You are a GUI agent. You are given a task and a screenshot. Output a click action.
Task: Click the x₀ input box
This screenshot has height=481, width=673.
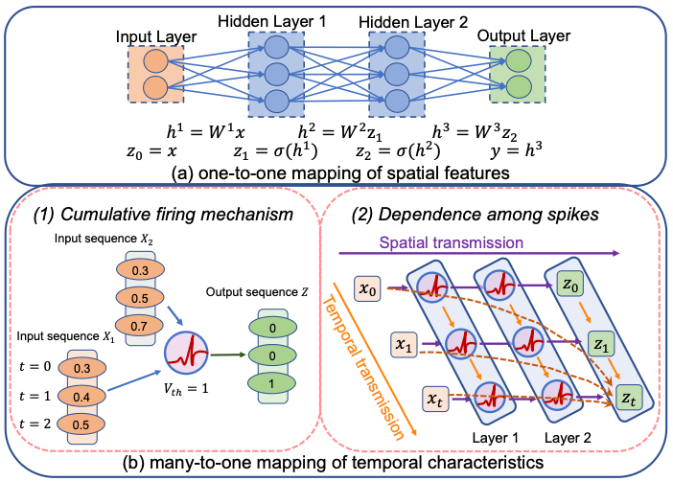(367, 286)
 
